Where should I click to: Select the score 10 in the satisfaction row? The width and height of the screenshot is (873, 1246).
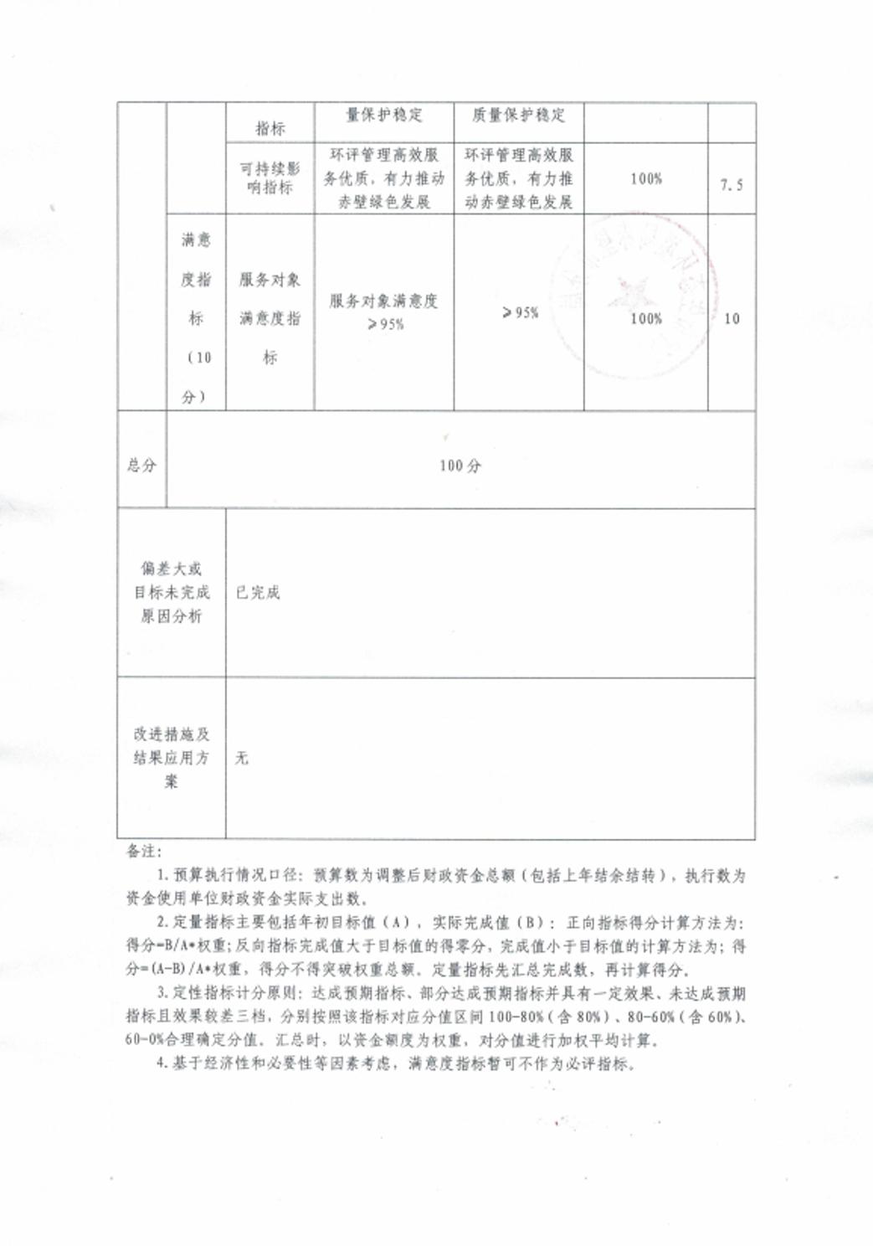click(732, 319)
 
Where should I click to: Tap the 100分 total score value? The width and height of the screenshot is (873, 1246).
click(460, 466)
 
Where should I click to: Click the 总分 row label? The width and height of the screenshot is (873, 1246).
click(141, 465)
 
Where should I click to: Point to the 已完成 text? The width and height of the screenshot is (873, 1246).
click(258, 592)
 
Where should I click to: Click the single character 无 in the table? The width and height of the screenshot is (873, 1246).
click(242, 758)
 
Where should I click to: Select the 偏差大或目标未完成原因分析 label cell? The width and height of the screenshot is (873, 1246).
click(172, 592)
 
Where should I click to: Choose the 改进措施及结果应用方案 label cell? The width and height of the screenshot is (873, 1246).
click(172, 758)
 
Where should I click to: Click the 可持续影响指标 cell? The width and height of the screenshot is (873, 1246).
click(270, 178)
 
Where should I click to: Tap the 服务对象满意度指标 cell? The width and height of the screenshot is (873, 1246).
click(270, 318)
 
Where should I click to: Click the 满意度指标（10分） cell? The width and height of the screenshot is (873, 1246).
click(196, 318)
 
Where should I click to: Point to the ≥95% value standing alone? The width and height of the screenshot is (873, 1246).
click(520, 312)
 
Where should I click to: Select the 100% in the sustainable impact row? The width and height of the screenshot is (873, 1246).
click(646, 178)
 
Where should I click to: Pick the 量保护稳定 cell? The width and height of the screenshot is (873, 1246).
click(384, 115)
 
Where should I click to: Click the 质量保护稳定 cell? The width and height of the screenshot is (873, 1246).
click(519, 115)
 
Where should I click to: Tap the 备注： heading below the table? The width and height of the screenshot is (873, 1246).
click(144, 851)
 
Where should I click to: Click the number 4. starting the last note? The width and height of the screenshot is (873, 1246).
click(162, 1063)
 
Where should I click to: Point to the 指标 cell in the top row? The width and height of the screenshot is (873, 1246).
click(270, 128)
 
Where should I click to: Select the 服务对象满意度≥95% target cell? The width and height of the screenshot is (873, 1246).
click(384, 311)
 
